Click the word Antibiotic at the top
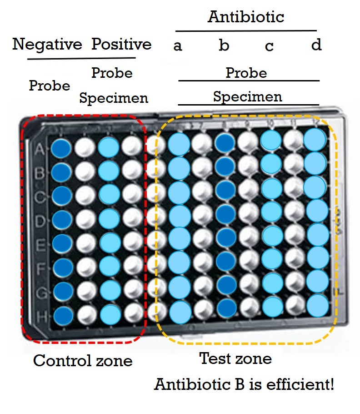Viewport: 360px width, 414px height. [246, 17]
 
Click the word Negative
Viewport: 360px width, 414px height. [47, 45]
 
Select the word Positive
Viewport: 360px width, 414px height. [121, 45]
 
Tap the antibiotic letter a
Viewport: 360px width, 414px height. [178, 46]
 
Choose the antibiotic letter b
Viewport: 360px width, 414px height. [224, 45]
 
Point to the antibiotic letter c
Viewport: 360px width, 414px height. [269, 46]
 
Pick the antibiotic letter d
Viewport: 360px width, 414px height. [316, 45]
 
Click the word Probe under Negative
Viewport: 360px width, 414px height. [50, 86]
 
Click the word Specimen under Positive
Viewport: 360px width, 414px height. [114, 98]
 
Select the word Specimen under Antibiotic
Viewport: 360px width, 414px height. [248, 97]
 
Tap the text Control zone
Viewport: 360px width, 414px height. [83, 361]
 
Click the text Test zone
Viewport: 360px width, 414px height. [235, 359]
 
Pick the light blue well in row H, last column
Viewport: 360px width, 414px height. [317, 305]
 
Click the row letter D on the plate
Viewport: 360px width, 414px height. [40, 222]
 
